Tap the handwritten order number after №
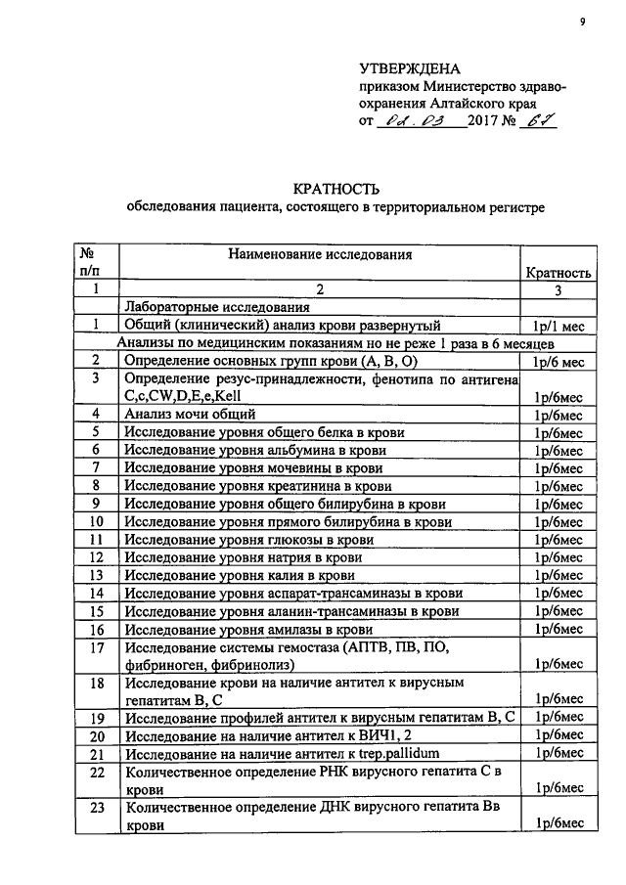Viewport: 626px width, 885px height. (x=531, y=120)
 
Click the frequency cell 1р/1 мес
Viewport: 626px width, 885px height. (x=558, y=326)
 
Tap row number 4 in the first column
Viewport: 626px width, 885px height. (x=96, y=415)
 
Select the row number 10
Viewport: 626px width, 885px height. (x=96, y=522)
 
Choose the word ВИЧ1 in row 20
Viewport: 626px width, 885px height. (x=406, y=735)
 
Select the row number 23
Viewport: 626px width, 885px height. (x=96, y=808)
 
